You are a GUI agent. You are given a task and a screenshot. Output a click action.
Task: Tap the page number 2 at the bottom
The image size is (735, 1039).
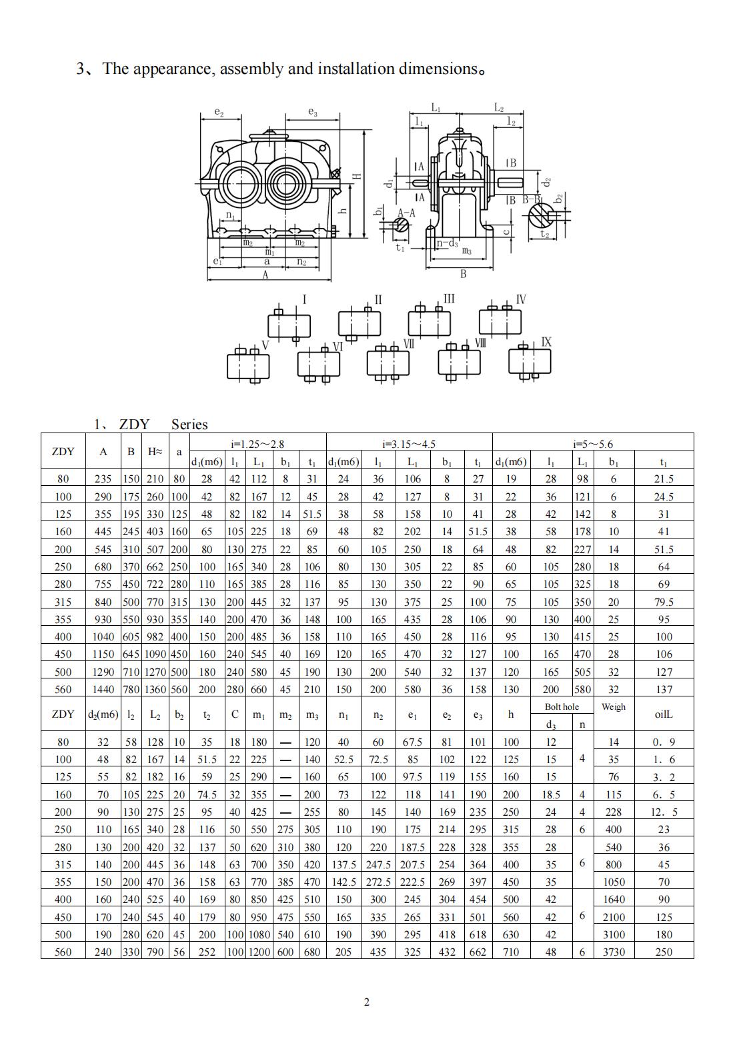click(366, 1002)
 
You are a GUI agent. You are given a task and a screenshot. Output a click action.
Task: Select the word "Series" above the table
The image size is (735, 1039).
click(189, 425)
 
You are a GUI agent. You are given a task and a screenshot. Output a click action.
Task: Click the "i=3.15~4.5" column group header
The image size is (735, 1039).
click(409, 444)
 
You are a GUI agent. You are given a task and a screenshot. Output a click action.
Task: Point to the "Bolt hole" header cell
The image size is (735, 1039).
click(562, 706)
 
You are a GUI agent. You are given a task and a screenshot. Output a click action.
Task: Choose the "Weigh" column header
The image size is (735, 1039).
click(613, 706)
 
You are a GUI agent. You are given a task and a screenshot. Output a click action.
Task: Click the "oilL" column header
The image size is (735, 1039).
click(664, 714)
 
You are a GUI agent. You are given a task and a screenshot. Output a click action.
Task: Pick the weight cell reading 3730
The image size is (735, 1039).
click(613, 952)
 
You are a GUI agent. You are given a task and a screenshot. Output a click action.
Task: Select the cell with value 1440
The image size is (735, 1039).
click(103, 689)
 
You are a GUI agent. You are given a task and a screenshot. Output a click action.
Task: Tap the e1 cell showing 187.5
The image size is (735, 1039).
click(412, 847)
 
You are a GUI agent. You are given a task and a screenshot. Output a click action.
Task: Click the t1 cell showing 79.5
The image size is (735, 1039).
click(664, 602)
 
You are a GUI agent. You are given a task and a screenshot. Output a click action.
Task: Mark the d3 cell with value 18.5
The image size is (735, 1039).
click(550, 794)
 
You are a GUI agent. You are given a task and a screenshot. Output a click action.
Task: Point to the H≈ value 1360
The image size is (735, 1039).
click(155, 689)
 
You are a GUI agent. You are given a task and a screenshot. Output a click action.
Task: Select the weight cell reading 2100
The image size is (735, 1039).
click(613, 917)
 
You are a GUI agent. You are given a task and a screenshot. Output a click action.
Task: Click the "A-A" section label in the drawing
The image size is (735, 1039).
click(406, 213)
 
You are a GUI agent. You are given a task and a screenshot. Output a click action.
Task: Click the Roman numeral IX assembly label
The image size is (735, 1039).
click(546, 342)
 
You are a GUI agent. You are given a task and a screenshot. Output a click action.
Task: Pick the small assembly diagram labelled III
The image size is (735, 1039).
click(430, 322)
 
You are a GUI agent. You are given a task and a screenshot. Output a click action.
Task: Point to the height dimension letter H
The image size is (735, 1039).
click(357, 177)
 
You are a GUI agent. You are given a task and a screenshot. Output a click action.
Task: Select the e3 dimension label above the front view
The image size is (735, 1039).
click(312, 113)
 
